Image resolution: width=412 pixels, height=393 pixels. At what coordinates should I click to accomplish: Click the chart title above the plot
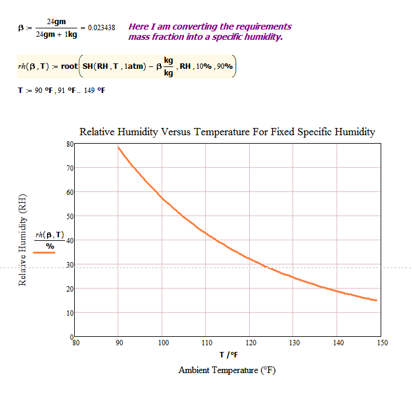pyautogui.click(x=227, y=132)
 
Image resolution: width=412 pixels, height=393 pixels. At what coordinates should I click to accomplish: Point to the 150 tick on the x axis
pyautogui.click(x=382, y=343)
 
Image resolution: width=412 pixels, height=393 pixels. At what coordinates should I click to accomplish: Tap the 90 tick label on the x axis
pyautogui.click(x=119, y=343)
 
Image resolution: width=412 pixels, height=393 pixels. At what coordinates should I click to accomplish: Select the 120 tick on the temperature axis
pyautogui.click(x=251, y=343)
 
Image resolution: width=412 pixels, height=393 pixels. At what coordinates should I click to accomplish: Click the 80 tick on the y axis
pyautogui.click(x=69, y=144)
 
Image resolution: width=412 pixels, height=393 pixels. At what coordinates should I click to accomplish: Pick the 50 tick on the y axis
pyautogui.click(x=69, y=216)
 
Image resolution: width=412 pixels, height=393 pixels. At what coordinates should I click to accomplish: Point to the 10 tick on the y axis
pyautogui.click(x=69, y=313)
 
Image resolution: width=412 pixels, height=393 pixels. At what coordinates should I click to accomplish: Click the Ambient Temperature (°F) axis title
pyautogui.click(x=227, y=370)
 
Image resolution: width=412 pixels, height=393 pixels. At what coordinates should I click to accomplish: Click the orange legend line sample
pyautogui.click(x=44, y=254)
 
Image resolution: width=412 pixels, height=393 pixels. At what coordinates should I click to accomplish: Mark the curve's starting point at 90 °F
pyautogui.click(x=118, y=147)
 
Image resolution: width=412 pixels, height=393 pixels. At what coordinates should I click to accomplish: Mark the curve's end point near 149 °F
pyautogui.click(x=377, y=300)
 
